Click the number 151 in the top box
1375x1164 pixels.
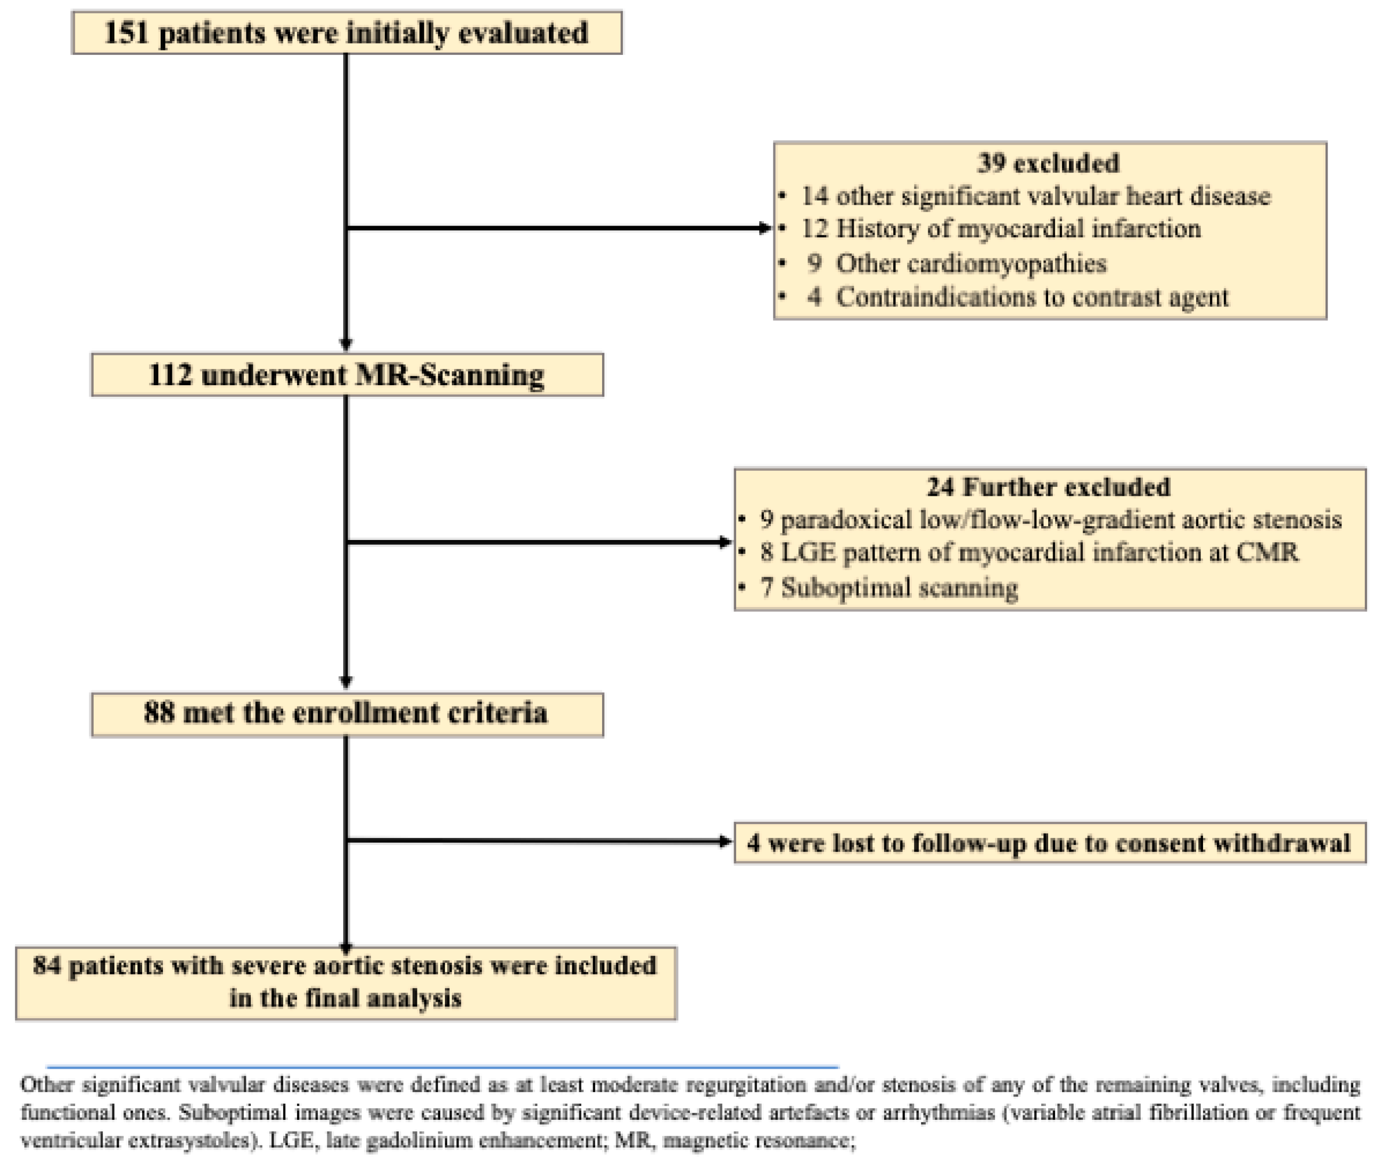126,33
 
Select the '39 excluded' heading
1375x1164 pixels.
1048,163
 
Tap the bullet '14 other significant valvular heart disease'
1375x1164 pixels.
1034,196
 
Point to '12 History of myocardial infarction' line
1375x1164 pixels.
1000,229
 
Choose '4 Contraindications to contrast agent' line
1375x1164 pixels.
1017,297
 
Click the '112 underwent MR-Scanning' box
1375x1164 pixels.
347,375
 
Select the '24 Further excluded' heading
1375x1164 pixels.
1048,487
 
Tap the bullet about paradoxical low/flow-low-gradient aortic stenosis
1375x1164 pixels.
1050,520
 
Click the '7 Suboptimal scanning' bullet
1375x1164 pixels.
888,587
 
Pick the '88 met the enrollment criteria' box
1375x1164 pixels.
347,713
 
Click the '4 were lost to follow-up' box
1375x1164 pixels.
1049,843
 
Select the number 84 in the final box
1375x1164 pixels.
46,966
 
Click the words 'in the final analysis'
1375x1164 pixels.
345,999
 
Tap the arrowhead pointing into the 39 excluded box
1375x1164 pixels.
764,228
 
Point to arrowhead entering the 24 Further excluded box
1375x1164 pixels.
725,543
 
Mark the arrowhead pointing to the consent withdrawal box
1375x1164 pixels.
725,841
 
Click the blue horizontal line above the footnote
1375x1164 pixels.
442,1066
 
